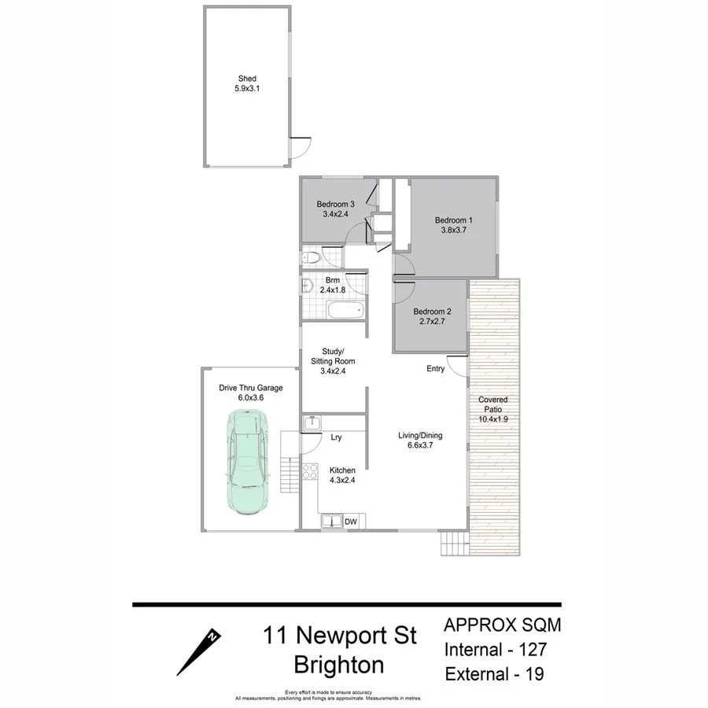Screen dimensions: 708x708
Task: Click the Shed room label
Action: pyautogui.click(x=247, y=79)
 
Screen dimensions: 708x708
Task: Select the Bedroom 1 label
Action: pyautogui.click(x=454, y=220)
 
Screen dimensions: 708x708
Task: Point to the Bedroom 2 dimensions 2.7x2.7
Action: pyautogui.click(x=432, y=322)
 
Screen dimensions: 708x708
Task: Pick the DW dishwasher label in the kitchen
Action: pyautogui.click(x=351, y=521)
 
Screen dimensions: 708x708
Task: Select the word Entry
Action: pyautogui.click(x=435, y=369)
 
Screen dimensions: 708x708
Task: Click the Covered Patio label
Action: pyautogui.click(x=493, y=400)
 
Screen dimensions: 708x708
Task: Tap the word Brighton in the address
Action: pyautogui.click(x=339, y=665)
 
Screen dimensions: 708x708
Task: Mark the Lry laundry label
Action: pyautogui.click(x=335, y=437)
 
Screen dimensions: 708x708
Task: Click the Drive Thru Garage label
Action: pyautogui.click(x=250, y=388)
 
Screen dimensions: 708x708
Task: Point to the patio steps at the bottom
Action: pyautogui.click(x=454, y=542)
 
